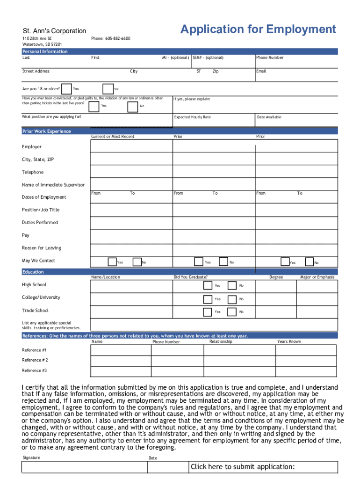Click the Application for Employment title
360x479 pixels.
pyautogui.click(x=258, y=29)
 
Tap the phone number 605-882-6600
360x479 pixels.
pyautogui.click(x=111, y=38)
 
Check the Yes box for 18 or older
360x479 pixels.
pyautogui.click(x=67, y=89)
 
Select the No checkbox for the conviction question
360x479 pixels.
pyautogui.click(x=133, y=107)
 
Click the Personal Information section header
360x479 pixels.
pyautogui.click(x=45, y=51)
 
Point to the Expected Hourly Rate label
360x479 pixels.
pyautogui.click(x=192, y=117)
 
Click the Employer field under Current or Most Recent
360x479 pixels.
pyautogui.click(x=131, y=146)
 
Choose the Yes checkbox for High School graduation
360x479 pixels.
pyautogui.click(x=208, y=285)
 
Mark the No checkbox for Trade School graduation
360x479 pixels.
pyautogui.click(x=232, y=312)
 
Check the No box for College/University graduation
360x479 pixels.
pyautogui.click(x=232, y=299)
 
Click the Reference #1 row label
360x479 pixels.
pyautogui.click(x=34, y=350)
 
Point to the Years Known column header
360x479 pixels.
pyautogui.click(x=289, y=341)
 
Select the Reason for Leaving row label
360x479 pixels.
pyautogui.click(x=41, y=248)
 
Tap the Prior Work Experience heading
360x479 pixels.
pyautogui.click(x=47, y=131)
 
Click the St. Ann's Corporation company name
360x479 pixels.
pyautogui.click(x=54, y=31)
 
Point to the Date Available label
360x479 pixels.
pyautogui.click(x=269, y=117)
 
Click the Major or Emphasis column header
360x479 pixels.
pyautogui.click(x=317, y=277)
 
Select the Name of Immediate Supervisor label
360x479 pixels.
pyautogui.click(x=53, y=185)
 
